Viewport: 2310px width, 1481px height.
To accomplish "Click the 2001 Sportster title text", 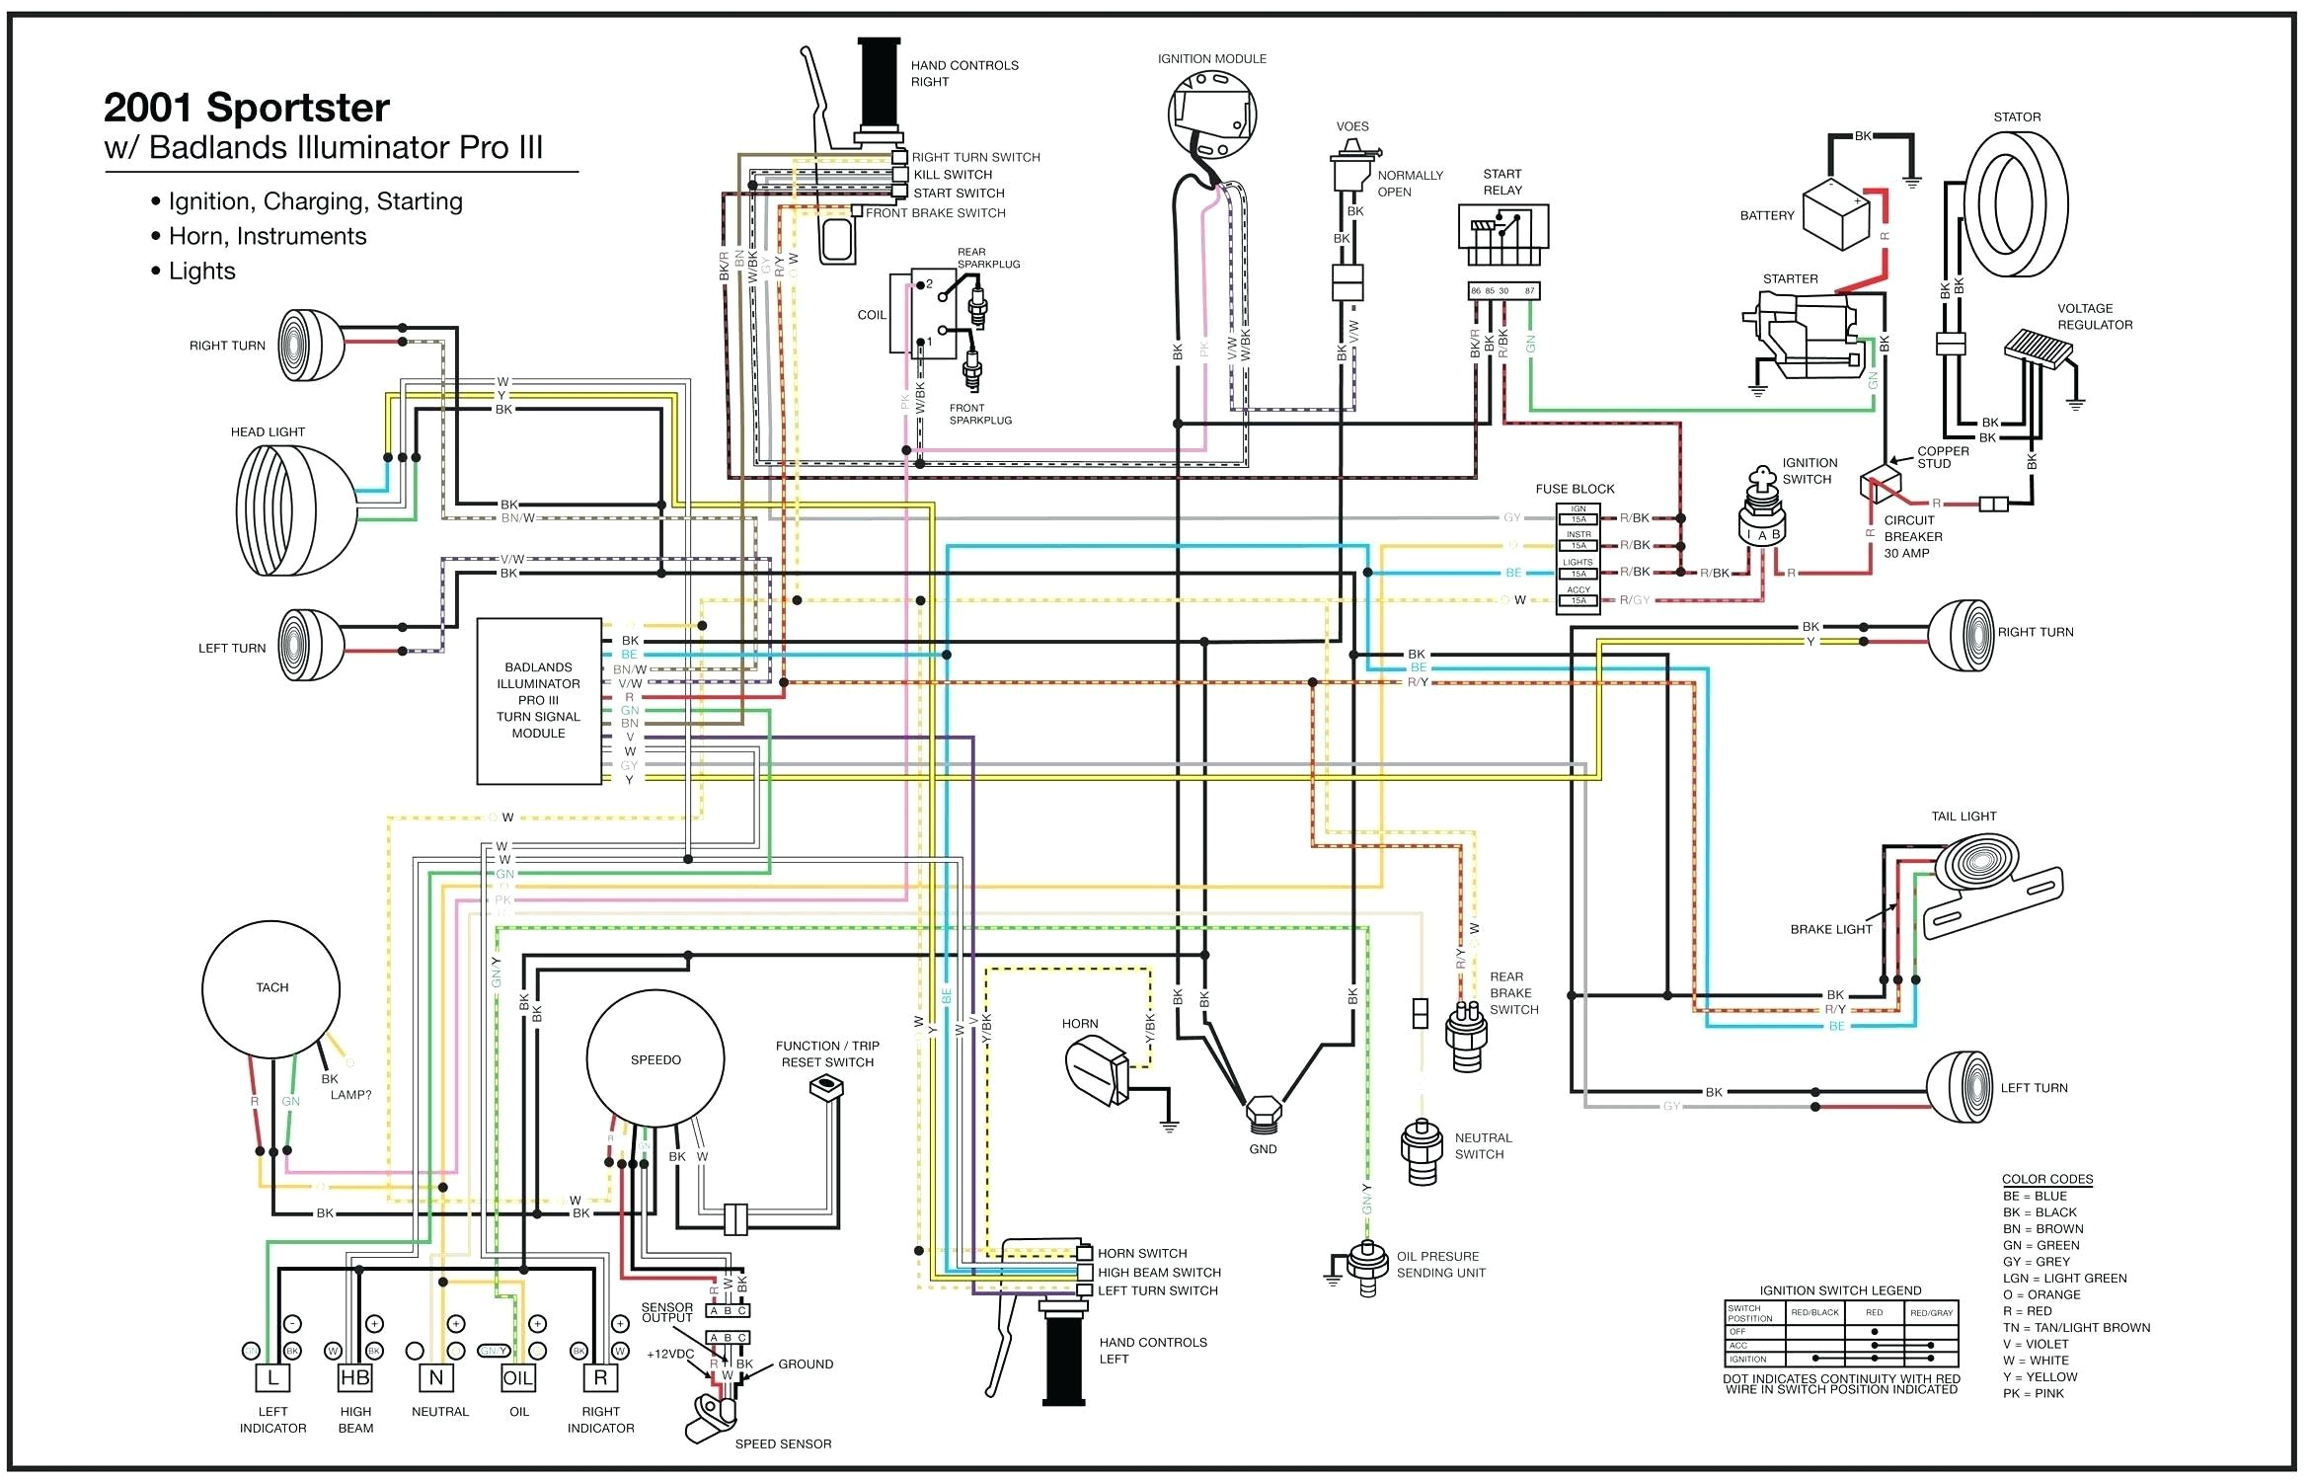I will point(247,108).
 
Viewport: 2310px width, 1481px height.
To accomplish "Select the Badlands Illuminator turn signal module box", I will point(538,700).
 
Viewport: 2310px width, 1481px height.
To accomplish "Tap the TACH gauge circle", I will point(271,987).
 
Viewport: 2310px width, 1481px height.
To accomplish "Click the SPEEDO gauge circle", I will point(655,1059).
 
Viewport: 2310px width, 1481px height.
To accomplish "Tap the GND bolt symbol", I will point(1263,1114).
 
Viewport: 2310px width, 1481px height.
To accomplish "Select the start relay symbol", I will point(1502,235).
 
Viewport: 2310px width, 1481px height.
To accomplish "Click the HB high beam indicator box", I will point(354,1377).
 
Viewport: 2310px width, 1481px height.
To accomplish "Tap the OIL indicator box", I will point(518,1377).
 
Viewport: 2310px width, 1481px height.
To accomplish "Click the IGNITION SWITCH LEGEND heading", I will point(1840,1290).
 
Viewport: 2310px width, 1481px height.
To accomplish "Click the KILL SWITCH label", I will point(953,175).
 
